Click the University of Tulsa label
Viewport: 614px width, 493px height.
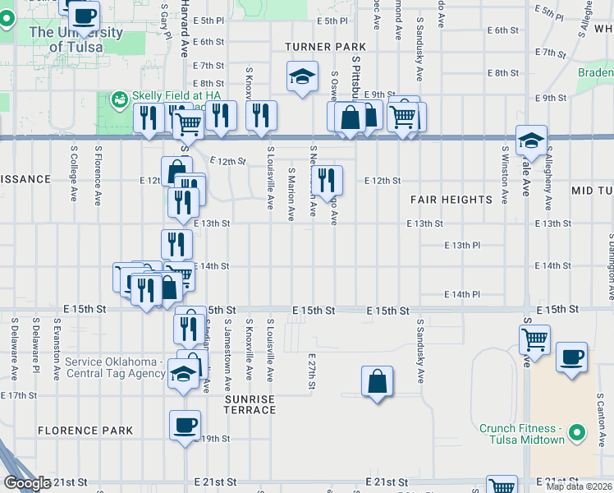[76, 39]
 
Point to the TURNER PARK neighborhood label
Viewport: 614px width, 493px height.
[326, 47]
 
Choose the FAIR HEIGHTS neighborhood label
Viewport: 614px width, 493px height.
[451, 200]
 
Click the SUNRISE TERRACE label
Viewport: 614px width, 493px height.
[250, 404]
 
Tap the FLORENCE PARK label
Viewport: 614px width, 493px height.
[85, 431]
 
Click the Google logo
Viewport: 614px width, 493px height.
[28, 483]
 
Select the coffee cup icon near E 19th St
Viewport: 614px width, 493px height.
[185, 425]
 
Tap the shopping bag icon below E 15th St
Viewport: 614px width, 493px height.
[377, 380]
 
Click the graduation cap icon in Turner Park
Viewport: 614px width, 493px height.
[302, 76]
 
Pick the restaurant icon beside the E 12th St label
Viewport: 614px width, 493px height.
[327, 178]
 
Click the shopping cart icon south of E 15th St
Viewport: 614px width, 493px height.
[535, 338]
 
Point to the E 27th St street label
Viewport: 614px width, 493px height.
[312, 372]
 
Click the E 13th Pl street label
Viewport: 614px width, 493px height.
[462, 245]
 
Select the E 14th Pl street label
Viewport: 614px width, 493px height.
[462, 294]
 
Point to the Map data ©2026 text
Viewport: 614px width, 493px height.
[579, 486]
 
